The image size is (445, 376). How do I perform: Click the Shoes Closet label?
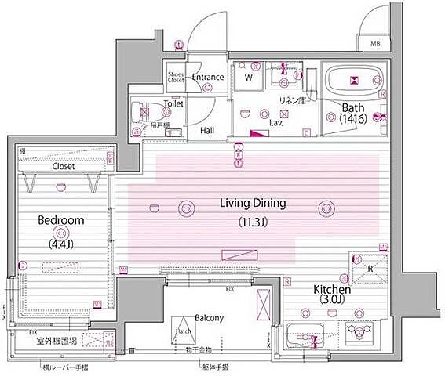click(176, 77)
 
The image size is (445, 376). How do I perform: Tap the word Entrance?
click(208, 77)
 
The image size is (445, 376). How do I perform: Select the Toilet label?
click(173, 103)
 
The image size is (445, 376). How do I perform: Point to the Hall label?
click(207, 130)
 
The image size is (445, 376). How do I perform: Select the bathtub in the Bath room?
click(354, 79)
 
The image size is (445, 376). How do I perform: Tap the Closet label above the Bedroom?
click(64, 166)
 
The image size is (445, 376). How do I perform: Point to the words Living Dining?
click(253, 204)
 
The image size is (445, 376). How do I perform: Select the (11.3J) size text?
click(253, 222)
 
